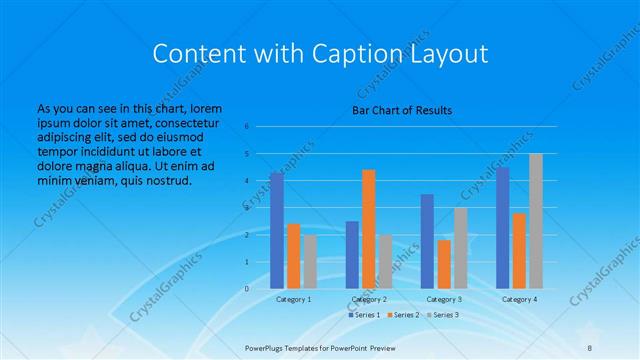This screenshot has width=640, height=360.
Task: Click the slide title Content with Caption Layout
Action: click(319, 53)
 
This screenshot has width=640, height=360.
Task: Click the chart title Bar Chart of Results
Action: click(402, 110)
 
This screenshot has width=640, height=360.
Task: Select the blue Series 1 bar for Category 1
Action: click(277, 230)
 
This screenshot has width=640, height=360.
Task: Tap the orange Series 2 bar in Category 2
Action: click(369, 229)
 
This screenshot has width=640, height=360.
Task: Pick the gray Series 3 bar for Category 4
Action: click(536, 221)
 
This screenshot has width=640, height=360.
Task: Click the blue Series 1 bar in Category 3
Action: click(427, 241)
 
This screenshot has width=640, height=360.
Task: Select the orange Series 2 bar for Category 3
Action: click(444, 264)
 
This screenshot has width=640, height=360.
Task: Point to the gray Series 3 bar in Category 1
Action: click(310, 261)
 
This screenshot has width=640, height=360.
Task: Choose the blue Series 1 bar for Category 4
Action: click(502, 228)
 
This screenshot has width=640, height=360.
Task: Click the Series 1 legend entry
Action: click(364, 315)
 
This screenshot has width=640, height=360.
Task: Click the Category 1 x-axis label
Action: click(294, 299)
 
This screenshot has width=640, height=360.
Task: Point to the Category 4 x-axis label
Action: click(519, 299)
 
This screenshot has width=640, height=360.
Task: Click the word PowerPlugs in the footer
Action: click(268, 348)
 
